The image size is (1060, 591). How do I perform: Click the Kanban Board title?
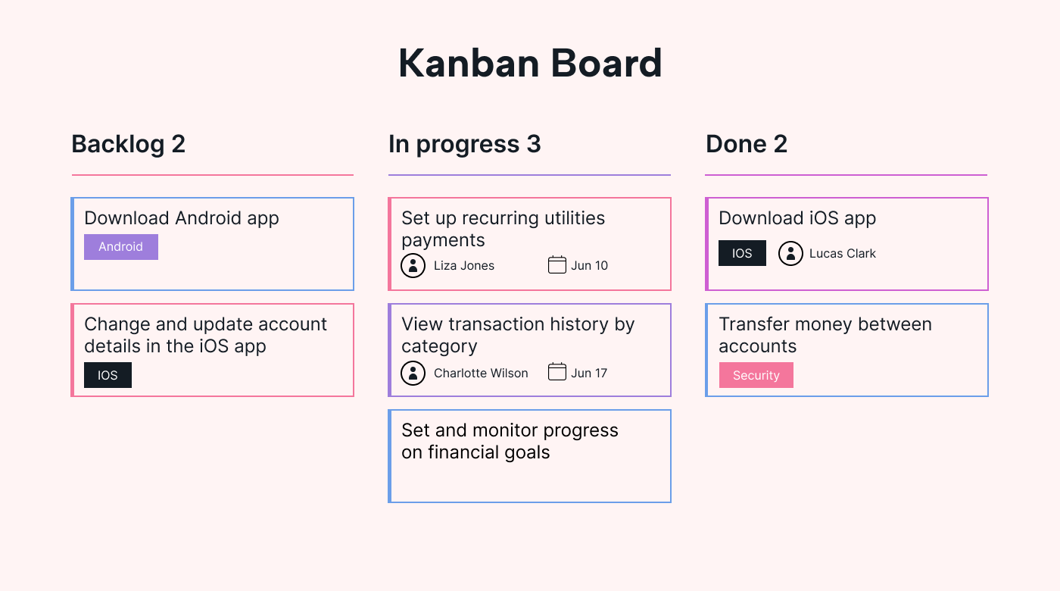pyautogui.click(x=530, y=64)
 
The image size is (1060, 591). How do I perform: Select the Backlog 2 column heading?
pyautogui.click(x=128, y=144)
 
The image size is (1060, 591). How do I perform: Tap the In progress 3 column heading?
pyautogui.click(x=464, y=144)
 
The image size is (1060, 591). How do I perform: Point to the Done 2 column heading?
pyautogui.click(x=746, y=144)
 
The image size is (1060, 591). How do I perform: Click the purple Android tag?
pyautogui.click(x=121, y=247)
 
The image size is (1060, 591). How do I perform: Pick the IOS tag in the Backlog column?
pyautogui.click(x=108, y=375)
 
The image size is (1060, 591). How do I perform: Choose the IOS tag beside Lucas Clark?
pyautogui.click(x=742, y=253)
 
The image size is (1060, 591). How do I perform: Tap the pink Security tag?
pyautogui.click(x=756, y=375)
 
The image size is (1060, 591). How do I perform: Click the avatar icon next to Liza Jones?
pyautogui.click(x=413, y=265)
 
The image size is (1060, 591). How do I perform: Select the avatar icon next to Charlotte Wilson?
pyautogui.click(x=413, y=373)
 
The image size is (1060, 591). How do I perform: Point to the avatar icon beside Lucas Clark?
pyautogui.click(x=790, y=253)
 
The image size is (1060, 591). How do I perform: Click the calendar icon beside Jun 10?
pyautogui.click(x=557, y=264)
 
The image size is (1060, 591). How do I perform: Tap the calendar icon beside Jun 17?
pyautogui.click(x=557, y=372)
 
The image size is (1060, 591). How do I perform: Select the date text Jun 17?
pyautogui.click(x=589, y=373)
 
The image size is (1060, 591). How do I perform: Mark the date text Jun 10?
pyautogui.click(x=589, y=265)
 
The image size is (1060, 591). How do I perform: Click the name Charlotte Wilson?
pyautogui.click(x=481, y=373)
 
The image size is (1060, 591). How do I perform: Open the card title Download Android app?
pyautogui.click(x=182, y=218)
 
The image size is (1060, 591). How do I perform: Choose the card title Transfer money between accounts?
pyautogui.click(x=825, y=335)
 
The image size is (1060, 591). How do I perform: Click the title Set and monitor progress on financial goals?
pyautogui.click(x=510, y=441)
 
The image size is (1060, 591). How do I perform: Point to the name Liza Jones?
pyautogui.click(x=464, y=265)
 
